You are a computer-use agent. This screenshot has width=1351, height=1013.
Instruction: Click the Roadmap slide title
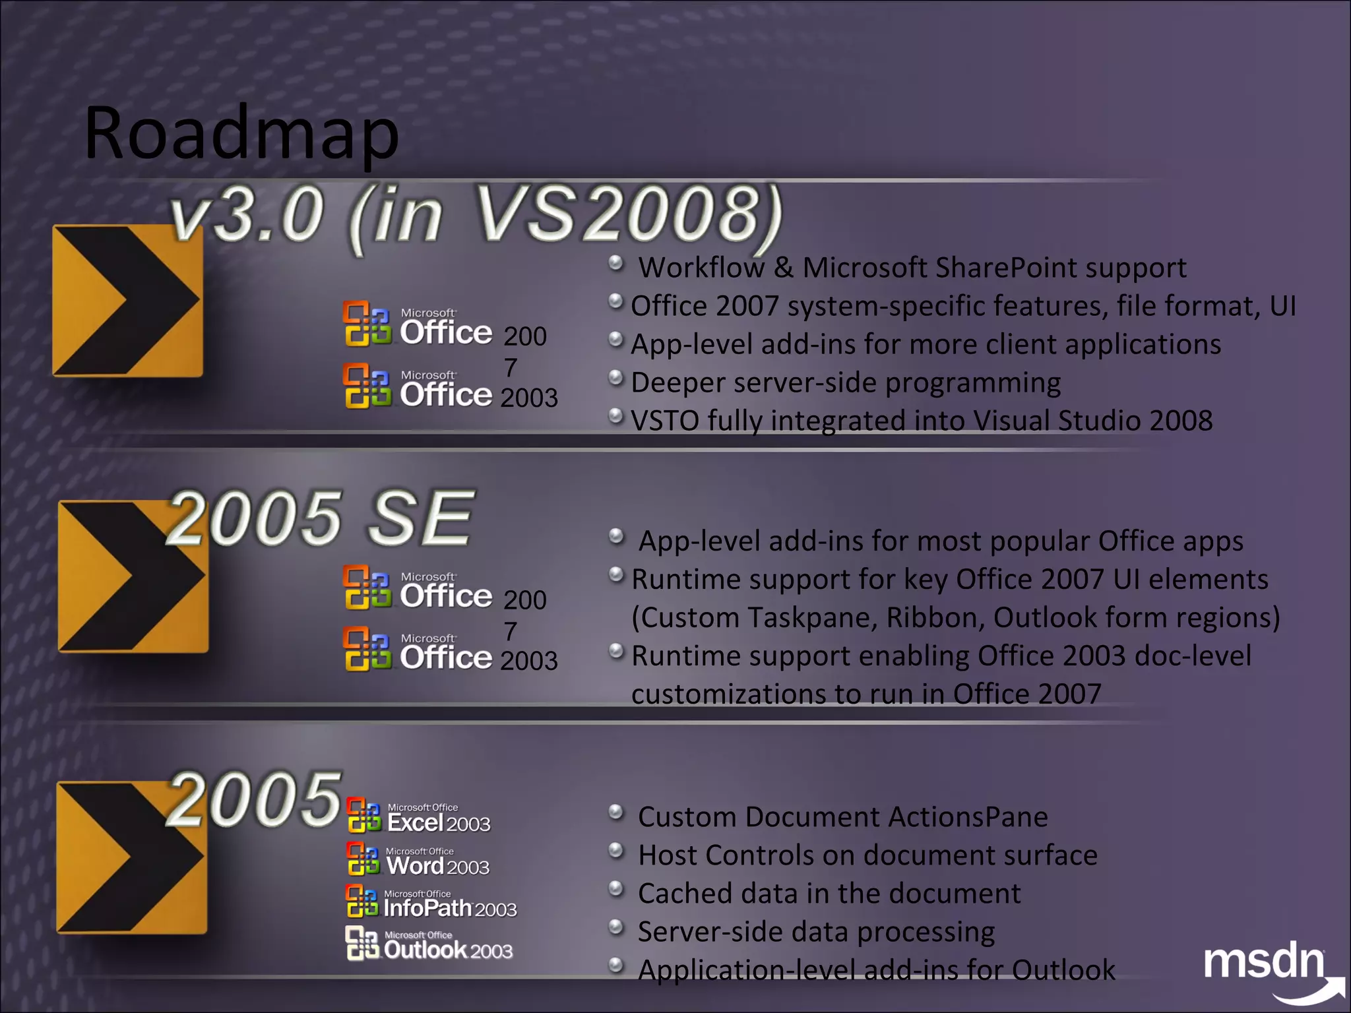click(x=241, y=134)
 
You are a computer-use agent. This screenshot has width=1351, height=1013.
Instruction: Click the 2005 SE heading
click(x=320, y=518)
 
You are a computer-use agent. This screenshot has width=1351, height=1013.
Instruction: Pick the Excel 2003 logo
click(x=419, y=817)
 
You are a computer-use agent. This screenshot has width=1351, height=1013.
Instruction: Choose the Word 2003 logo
click(x=418, y=861)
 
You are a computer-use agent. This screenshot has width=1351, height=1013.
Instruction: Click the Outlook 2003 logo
click(x=429, y=944)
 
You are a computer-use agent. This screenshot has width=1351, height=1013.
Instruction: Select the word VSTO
click(x=665, y=421)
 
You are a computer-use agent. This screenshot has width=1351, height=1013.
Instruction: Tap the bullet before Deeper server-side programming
click(x=615, y=378)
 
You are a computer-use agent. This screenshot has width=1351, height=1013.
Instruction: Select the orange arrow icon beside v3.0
click(x=127, y=301)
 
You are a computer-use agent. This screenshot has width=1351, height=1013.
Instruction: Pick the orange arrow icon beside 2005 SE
click(x=133, y=576)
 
